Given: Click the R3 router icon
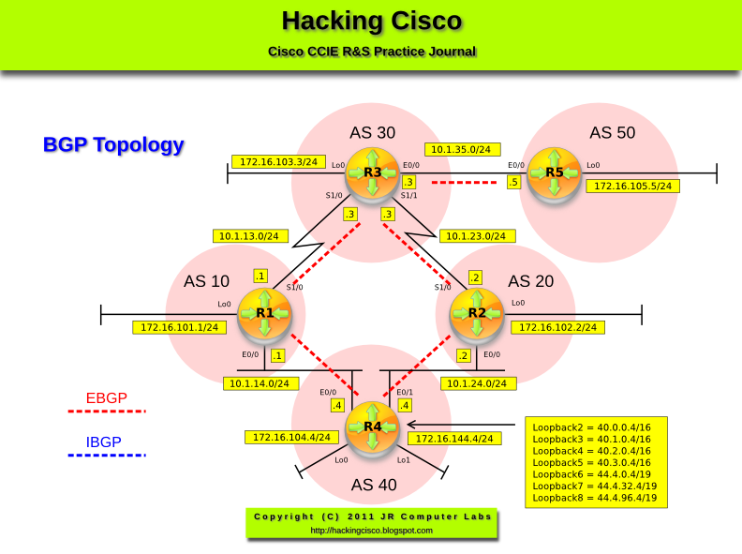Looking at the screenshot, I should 372,172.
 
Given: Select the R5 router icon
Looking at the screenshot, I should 555,172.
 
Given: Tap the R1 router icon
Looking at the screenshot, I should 265,313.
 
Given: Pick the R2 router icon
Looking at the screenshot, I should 477,313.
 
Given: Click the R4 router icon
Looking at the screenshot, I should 372,427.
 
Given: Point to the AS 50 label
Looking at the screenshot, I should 612,132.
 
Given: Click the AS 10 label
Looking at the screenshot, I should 206,281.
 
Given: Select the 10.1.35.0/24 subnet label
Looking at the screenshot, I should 463,149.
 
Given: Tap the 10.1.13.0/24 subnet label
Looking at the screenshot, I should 251,236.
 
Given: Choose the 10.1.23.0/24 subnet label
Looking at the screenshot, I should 477,236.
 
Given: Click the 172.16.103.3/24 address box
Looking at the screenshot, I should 278,161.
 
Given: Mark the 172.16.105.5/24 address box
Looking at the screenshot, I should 632,186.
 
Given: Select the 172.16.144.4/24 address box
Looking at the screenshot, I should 453,438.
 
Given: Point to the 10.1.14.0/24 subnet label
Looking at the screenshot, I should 261,382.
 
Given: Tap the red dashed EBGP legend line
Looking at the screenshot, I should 107,412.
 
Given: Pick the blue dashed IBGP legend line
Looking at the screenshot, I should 107,456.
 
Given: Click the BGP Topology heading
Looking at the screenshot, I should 113,145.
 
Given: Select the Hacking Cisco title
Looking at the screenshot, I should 371,22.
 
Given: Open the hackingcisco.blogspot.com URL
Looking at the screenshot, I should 371,531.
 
